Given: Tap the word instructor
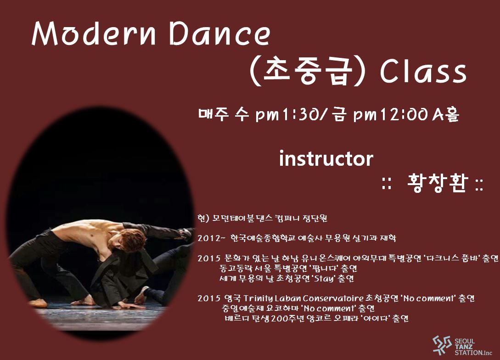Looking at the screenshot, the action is [x=326, y=158].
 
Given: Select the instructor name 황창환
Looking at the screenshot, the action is [x=438, y=183].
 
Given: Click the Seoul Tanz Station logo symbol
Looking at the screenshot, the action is [x=442, y=345].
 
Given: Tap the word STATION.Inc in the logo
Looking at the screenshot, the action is [x=473, y=353].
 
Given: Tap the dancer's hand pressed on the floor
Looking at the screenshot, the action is [x=129, y=305].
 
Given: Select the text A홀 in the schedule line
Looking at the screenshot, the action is [x=446, y=114].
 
